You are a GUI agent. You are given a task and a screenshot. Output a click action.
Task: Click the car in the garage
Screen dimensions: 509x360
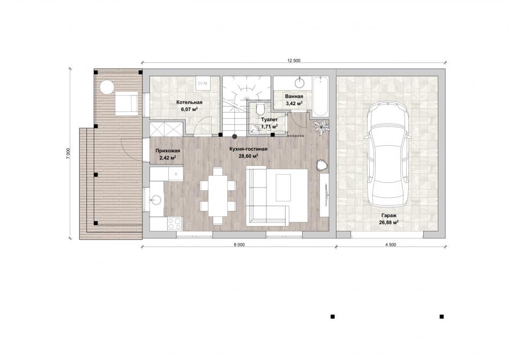(388, 154)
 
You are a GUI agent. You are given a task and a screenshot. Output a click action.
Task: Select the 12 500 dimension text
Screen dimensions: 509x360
(294, 61)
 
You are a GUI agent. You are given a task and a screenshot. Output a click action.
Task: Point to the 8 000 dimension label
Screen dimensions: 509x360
(239, 245)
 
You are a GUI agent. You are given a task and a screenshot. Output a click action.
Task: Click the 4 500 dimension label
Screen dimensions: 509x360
(391, 245)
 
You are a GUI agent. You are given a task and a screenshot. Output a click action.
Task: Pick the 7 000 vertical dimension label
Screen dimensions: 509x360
(68, 154)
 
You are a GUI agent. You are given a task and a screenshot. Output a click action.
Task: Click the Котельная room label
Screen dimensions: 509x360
(189, 102)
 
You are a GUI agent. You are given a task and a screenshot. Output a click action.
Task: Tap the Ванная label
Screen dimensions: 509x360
(294, 96)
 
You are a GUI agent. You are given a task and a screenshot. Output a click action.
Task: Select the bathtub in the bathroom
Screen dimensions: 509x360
(321, 96)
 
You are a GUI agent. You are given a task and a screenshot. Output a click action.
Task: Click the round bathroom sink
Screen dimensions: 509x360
(300, 82)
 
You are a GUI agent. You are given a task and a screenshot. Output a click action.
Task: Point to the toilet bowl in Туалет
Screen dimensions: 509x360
(260, 108)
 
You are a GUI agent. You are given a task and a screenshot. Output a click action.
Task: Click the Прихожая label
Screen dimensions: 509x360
(168, 151)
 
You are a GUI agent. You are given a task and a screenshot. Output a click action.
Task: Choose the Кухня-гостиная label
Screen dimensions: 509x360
(248, 149)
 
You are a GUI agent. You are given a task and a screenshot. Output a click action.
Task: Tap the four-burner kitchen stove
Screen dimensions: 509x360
(175, 224)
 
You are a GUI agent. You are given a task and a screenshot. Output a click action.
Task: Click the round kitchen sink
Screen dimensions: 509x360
(156, 199)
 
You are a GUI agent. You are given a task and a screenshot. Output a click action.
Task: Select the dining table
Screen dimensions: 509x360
(218, 196)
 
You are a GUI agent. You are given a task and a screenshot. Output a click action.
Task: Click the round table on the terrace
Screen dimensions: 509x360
(107, 87)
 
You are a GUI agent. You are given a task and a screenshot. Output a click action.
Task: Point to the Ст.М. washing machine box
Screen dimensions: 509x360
(203, 84)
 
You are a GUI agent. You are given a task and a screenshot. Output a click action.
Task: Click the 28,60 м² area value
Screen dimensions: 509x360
(248, 156)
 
